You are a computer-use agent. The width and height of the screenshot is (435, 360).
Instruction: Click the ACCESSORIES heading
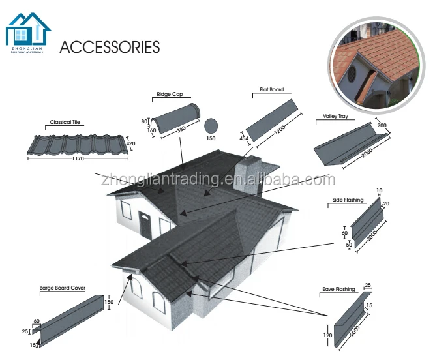[110, 47]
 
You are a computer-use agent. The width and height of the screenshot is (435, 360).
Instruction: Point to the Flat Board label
[267, 90]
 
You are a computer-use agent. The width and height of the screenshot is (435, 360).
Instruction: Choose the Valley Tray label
[335, 117]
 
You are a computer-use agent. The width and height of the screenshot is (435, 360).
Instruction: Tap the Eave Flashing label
[338, 288]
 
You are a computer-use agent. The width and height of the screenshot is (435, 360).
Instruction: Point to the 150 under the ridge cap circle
[211, 138]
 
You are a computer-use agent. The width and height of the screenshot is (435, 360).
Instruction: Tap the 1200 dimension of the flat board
[280, 130]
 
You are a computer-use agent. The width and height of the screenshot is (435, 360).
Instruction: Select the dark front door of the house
[145, 226]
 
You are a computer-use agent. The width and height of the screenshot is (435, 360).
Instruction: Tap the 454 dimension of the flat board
[244, 138]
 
